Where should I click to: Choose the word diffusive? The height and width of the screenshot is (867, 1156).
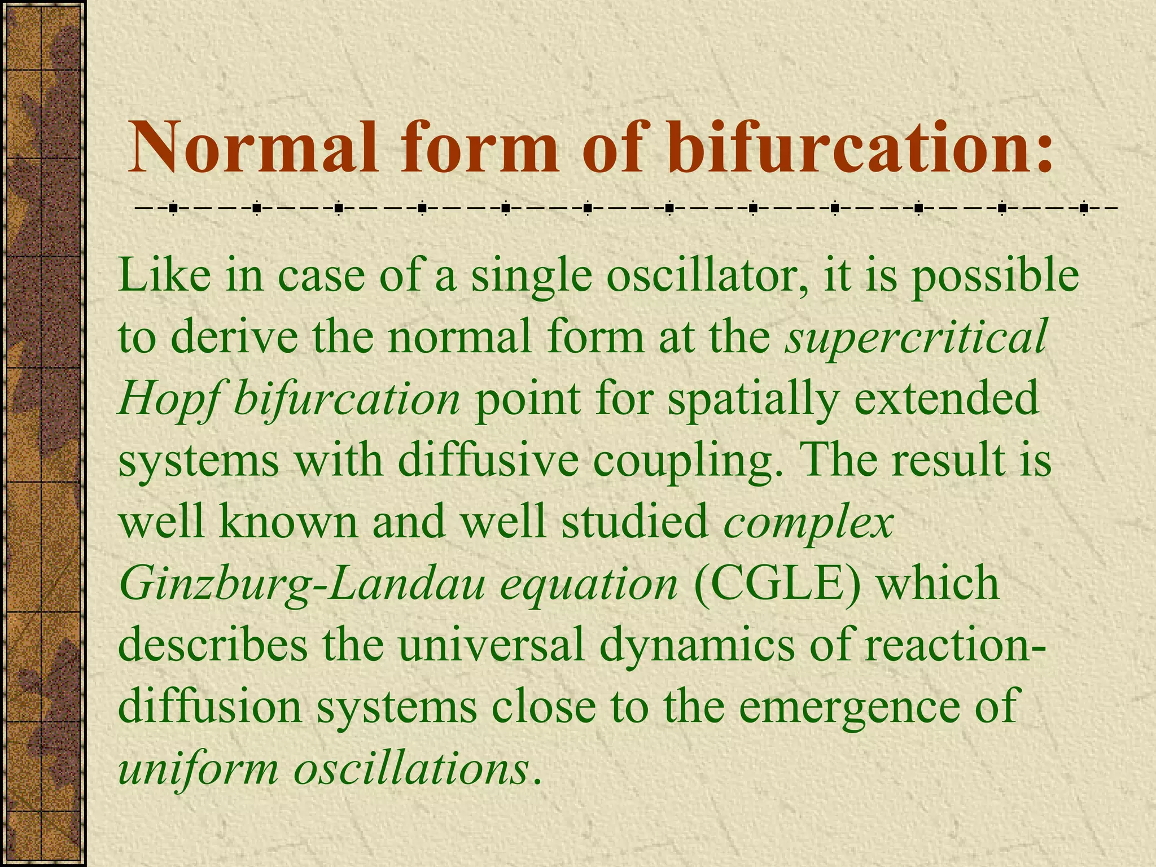click(x=488, y=460)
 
